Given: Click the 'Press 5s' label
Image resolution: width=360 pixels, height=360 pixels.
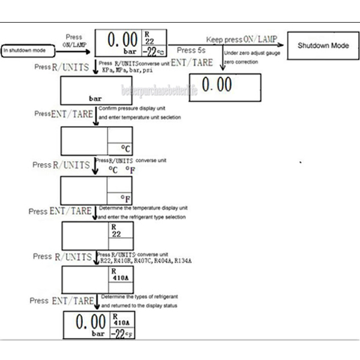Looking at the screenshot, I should coord(195,50).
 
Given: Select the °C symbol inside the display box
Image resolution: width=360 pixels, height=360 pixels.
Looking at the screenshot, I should coord(125,146).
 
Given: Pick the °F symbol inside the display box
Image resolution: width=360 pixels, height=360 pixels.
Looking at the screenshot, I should coord(125,197).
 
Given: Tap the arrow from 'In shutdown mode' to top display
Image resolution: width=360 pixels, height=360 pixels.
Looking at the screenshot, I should coord(72,47).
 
